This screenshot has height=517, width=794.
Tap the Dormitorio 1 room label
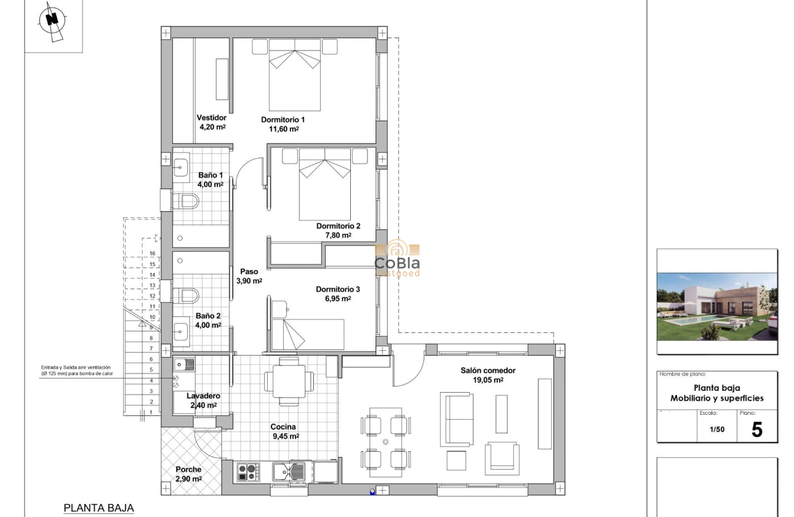click(283, 119)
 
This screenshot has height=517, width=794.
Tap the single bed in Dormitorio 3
click(308, 334)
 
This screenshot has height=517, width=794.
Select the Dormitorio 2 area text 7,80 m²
click(338, 235)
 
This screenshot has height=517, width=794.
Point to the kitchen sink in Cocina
click(289, 472)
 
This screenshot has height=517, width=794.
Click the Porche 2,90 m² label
click(188, 474)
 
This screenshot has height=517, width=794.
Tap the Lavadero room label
click(203, 396)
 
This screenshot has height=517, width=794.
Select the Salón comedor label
click(488, 371)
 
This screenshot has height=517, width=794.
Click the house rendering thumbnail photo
click(717, 307)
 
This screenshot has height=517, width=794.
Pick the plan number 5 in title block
click(756, 430)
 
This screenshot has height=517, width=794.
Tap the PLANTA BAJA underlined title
click(98, 508)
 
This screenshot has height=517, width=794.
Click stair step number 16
click(151, 253)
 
